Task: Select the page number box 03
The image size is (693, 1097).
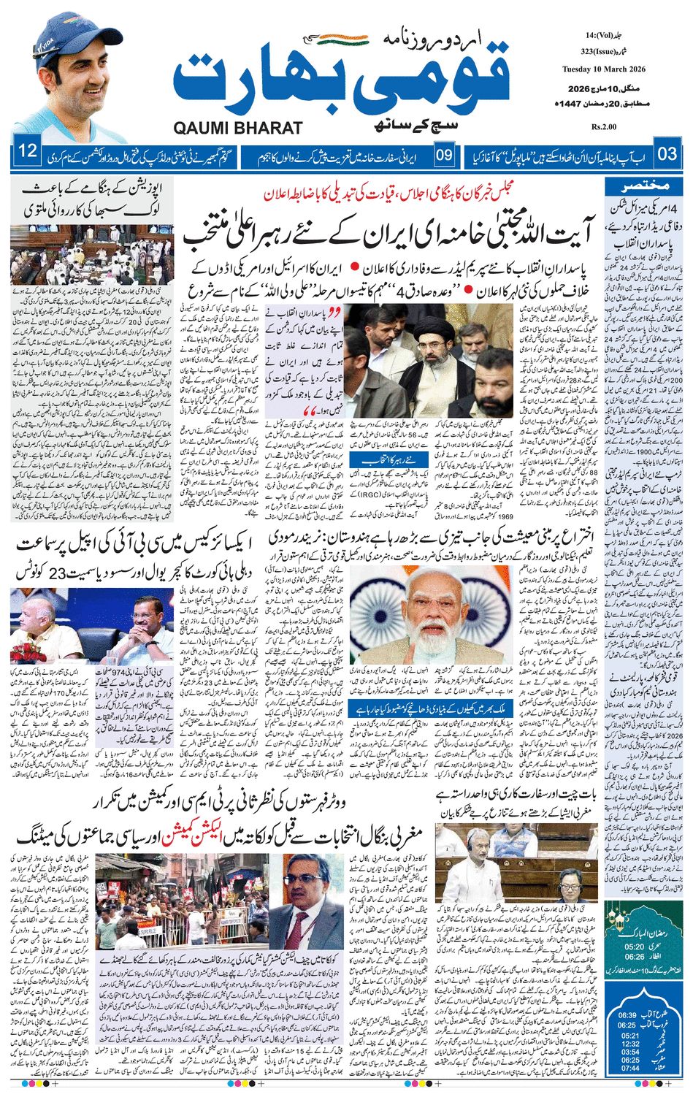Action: [x=667, y=154]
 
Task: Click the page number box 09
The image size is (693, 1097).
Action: [x=443, y=155]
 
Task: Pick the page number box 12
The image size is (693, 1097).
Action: [x=28, y=154]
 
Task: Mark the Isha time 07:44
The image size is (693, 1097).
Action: [x=627, y=1068]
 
